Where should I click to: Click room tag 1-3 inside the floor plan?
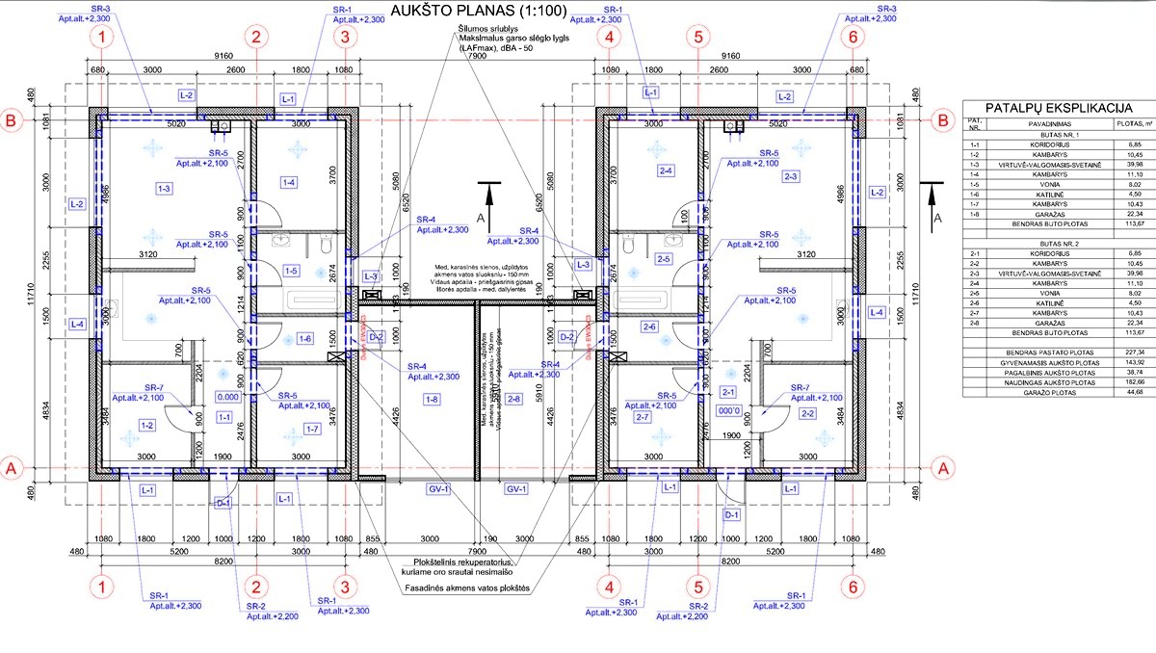point(164,189)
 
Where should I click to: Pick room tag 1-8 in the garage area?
point(429,398)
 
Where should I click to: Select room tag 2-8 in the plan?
point(513,398)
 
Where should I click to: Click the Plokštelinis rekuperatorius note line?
point(461,562)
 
